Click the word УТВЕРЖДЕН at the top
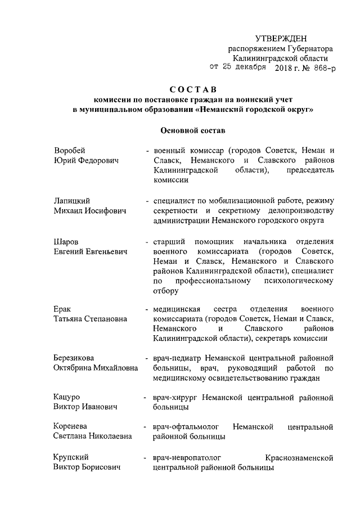click(x=281, y=38)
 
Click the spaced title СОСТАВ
click(x=193, y=90)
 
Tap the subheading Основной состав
click(x=192, y=130)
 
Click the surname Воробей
click(x=70, y=151)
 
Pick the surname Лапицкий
click(x=73, y=201)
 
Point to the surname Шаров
click(x=66, y=241)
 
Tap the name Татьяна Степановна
click(x=91, y=319)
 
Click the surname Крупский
click(x=72, y=457)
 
